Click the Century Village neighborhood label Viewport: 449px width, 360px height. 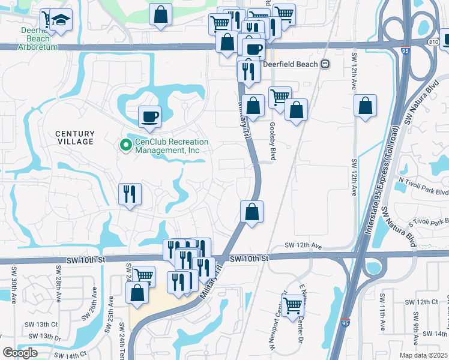(75, 137)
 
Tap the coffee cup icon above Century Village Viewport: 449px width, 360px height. (149, 115)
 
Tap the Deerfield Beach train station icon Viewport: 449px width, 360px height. (325, 64)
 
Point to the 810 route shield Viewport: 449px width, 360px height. (434, 41)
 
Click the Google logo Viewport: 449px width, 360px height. (20, 353)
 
